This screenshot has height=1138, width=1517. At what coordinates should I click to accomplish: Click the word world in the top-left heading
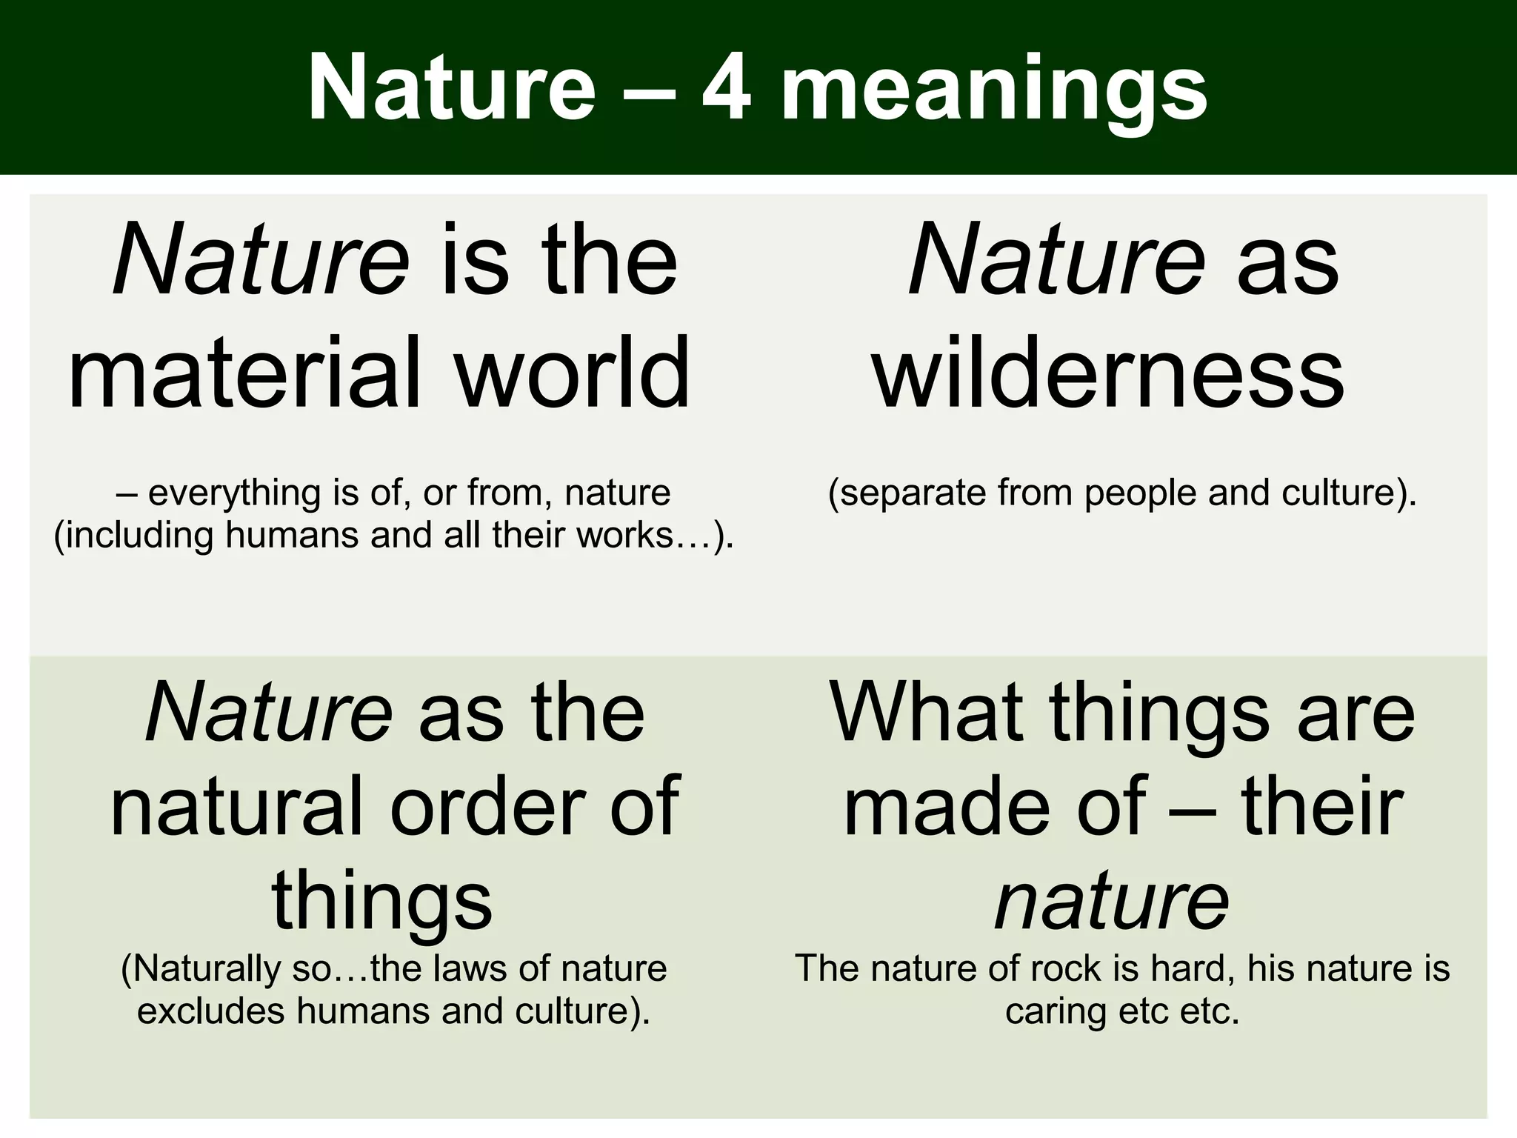pos(573,372)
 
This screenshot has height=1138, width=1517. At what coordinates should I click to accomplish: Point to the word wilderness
pos(1109,372)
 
